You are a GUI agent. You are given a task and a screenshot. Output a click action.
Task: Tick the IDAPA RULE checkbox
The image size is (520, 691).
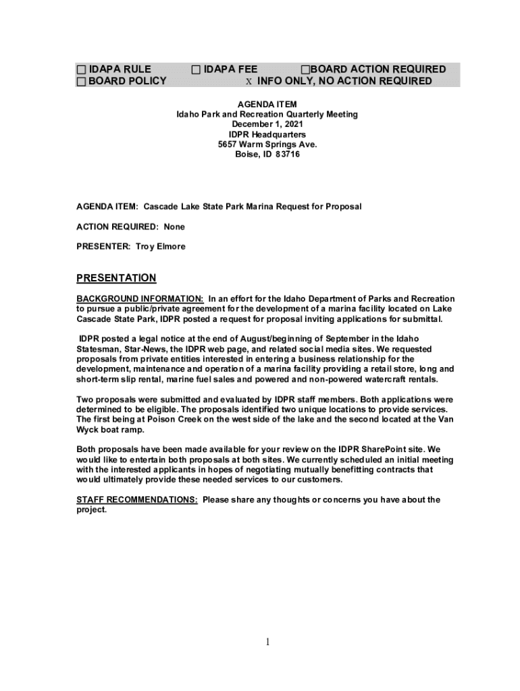(81, 70)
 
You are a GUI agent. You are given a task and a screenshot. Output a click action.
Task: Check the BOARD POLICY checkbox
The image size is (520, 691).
(81, 82)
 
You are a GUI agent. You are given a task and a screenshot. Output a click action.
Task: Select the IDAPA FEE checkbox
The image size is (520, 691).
(196, 70)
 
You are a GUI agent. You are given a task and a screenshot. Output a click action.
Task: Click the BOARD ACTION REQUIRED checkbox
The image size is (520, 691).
(305, 70)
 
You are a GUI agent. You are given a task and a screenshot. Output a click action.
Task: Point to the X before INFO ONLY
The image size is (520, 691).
(249, 82)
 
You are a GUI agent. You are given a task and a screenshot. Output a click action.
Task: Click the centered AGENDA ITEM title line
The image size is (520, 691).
(267, 105)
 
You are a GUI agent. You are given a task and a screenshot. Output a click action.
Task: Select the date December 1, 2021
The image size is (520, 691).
(267, 125)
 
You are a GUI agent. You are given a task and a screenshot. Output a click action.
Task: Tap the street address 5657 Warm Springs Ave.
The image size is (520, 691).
(267, 144)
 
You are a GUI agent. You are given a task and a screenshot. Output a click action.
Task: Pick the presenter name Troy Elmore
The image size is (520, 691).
(160, 247)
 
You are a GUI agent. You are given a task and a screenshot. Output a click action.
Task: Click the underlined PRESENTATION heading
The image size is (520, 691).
(116, 278)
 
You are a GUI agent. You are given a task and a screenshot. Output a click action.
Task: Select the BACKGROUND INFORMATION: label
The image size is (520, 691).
(140, 299)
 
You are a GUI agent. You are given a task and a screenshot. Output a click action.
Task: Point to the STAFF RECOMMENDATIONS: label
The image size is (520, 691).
(137, 500)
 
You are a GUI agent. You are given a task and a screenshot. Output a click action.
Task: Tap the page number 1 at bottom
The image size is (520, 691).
(267, 642)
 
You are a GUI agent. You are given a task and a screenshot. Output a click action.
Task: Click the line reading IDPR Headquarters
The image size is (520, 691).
(267, 135)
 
